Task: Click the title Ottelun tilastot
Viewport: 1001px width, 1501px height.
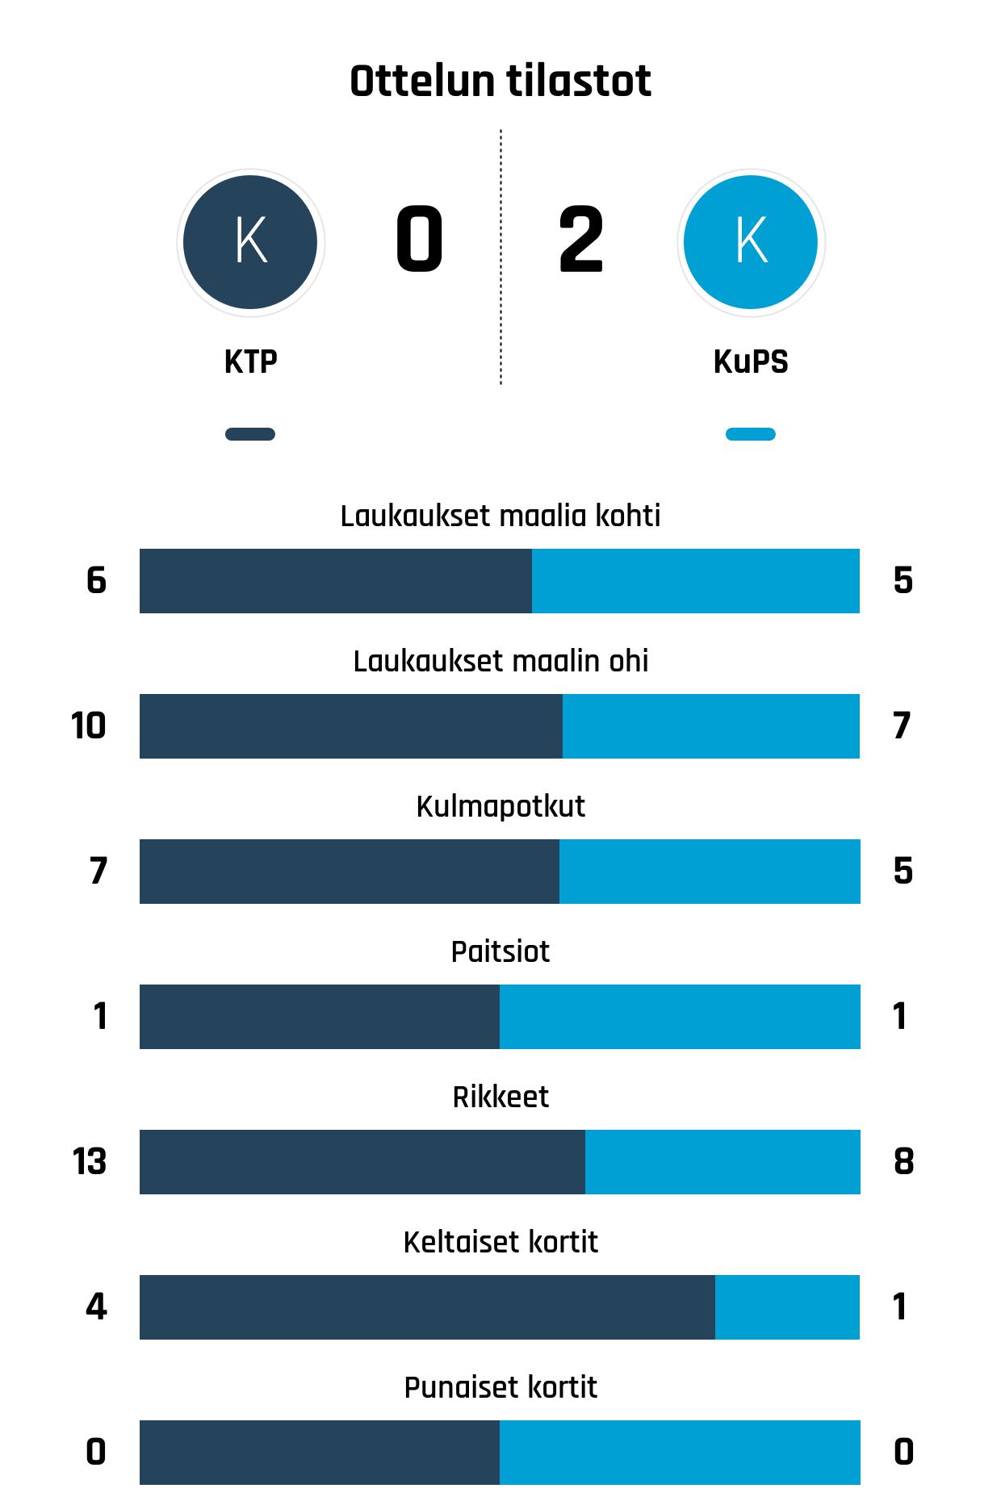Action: [x=500, y=82]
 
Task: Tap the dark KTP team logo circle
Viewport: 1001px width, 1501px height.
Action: [x=250, y=242]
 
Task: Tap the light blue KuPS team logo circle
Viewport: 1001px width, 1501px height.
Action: [x=751, y=242]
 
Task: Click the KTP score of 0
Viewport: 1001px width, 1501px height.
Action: [x=419, y=240]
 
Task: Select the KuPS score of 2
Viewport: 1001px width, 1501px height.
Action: [x=580, y=240]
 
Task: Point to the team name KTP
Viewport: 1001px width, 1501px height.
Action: [x=250, y=362]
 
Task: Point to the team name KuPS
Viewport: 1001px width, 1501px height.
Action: [x=751, y=362]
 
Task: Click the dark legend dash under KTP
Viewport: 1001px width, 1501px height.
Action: [x=250, y=434]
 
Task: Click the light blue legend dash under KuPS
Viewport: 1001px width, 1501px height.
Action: [x=751, y=434]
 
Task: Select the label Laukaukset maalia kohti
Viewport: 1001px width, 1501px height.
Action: [x=500, y=516]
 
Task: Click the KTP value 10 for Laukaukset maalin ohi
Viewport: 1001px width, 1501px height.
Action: [x=89, y=725]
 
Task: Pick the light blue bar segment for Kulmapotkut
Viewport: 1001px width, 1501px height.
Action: [x=710, y=871]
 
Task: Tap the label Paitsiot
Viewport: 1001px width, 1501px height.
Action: [x=500, y=951]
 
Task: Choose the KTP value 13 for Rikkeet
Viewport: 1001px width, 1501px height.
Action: [x=90, y=1161]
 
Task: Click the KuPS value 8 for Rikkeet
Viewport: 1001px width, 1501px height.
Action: [x=903, y=1161]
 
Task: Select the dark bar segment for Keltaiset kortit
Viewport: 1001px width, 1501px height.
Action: [x=427, y=1307]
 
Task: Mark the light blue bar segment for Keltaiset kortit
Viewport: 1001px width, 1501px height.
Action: [x=787, y=1307]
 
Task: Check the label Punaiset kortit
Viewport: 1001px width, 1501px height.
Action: [x=500, y=1387]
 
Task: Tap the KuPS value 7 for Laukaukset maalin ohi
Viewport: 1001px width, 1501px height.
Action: [x=902, y=725]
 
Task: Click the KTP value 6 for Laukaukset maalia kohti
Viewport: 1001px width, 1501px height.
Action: [x=96, y=580]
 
